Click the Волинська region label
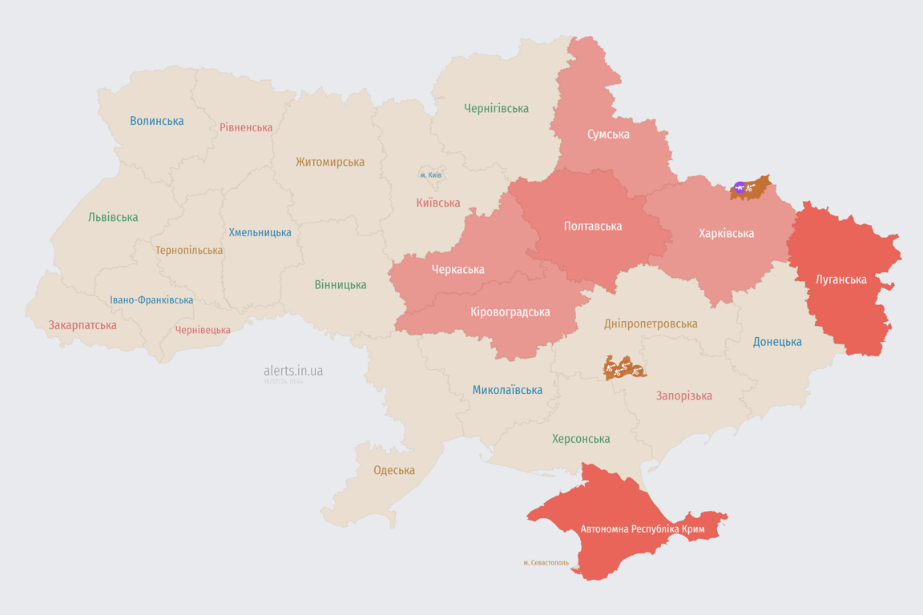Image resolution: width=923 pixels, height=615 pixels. point(157,121)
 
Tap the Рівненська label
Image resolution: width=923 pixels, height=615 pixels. point(246,127)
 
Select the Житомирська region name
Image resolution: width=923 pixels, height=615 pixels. point(329,162)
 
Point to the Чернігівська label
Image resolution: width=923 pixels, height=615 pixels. point(496,108)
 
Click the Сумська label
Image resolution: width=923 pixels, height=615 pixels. point(608,134)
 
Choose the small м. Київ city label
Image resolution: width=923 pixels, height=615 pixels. point(430,175)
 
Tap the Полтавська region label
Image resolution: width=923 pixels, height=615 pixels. point(592,226)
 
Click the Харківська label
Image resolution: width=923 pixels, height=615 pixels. point(726,233)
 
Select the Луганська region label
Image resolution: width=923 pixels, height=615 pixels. point(840,279)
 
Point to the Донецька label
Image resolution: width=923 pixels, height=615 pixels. point(777,342)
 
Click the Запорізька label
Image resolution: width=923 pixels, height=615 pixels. point(683,396)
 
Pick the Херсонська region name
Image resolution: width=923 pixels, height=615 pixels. point(581,439)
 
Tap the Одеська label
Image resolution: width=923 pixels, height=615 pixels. point(394,470)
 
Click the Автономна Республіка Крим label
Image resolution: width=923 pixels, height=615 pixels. point(643,529)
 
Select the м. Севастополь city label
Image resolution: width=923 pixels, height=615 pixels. point(546,562)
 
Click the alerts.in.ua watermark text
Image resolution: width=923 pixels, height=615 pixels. point(293,371)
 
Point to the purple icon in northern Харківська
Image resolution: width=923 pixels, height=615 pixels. point(739,188)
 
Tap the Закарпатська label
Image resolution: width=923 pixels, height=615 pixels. point(83,325)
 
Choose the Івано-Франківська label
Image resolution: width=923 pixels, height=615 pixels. point(151,300)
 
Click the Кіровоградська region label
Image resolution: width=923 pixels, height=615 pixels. point(510,312)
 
